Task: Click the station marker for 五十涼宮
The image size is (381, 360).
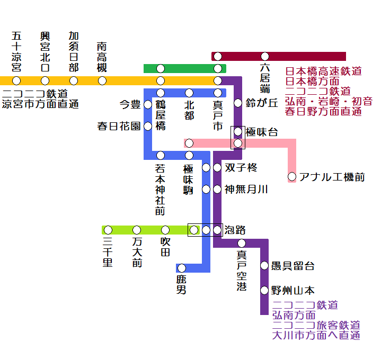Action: coord(16,80)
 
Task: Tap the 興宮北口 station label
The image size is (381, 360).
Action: coord(45,52)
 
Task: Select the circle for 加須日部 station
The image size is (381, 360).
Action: coord(74,80)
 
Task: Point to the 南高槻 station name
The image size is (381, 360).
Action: coord(102,57)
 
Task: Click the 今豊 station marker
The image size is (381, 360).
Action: coord(148,104)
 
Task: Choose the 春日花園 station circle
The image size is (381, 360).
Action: coord(148,126)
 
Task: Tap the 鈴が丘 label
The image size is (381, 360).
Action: coord(262,103)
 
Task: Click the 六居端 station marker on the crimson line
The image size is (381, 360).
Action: coord(264,56)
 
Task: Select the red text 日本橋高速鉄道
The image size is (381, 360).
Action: coord(323,71)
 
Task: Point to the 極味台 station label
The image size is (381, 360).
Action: coord(262,131)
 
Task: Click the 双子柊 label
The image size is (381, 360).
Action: coord(241,168)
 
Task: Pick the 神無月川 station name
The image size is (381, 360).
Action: coord(246,189)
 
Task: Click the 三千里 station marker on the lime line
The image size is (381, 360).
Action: coord(108,230)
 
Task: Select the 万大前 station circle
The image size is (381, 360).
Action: coord(137,230)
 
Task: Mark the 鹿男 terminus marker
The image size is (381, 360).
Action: coord(181,268)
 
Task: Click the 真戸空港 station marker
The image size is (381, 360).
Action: coord(242,243)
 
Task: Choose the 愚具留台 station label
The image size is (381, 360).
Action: coord(293,266)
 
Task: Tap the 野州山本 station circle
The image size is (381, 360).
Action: coord(264,290)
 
